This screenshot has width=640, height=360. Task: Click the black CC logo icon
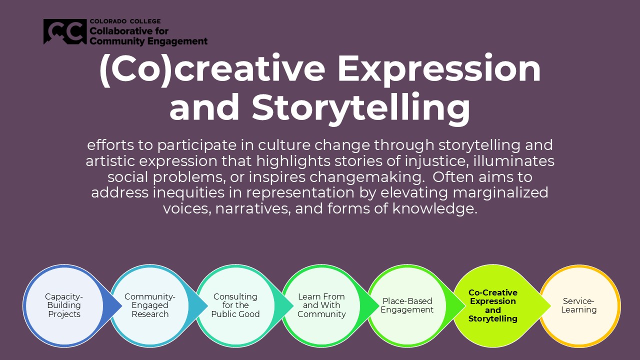[65, 31]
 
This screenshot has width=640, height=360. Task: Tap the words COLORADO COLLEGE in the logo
[125, 21]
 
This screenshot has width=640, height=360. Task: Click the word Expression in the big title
[439, 70]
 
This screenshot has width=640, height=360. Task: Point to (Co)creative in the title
[212, 69]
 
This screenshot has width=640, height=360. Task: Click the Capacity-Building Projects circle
[64, 305]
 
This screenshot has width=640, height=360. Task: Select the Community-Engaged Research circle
[149, 305]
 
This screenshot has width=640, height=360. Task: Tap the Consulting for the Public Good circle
[235, 305]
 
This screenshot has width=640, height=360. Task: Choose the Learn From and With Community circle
[321, 305]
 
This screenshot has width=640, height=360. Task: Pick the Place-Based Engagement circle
[407, 305]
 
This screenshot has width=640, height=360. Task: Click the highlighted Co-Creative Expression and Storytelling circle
[493, 305]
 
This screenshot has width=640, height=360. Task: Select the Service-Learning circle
[579, 306]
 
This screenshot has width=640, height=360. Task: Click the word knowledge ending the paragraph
[434, 209]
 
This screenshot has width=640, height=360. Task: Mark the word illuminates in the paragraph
[513, 161]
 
